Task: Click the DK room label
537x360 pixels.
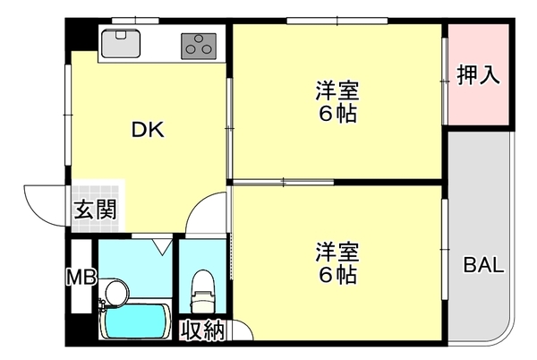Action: click(x=148, y=130)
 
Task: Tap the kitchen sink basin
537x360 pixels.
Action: click(x=119, y=43)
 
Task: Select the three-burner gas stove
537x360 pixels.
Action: click(x=200, y=43)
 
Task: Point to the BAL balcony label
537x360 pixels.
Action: click(x=483, y=265)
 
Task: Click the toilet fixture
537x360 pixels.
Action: click(x=202, y=287)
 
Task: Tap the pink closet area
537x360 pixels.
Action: click(x=478, y=99)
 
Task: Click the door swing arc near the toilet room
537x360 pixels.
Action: click(x=209, y=215)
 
